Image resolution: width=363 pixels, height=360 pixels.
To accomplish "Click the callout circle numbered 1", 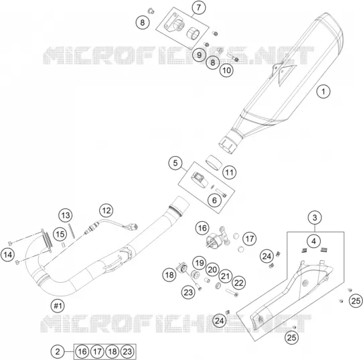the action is tap(323, 91).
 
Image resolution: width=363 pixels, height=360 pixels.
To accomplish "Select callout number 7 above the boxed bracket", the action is tap(199, 7).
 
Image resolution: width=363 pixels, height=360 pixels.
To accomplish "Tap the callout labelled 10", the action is tap(226, 70).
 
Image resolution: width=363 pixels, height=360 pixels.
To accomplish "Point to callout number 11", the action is tap(230, 172).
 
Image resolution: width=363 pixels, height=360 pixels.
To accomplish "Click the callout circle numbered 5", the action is tap(175, 163).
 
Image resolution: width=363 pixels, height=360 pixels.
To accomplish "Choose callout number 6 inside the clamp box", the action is tap(214, 200).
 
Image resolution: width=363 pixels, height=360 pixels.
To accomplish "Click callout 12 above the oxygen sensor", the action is tap(106, 211).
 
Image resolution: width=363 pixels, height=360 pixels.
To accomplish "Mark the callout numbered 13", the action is tap(66, 215).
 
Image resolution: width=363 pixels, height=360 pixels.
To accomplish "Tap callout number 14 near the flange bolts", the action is tap(7, 255).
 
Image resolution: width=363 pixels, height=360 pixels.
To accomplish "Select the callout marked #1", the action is tap(58, 306).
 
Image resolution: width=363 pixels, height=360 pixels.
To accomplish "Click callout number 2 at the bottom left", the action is tap(58, 352).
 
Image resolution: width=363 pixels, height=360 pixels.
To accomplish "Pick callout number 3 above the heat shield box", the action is tap(315, 218).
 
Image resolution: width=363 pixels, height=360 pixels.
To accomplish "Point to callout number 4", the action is tap(313, 241).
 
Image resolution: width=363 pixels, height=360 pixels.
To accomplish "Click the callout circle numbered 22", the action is tap(238, 283).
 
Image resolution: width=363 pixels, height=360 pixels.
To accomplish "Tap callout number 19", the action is tap(200, 263).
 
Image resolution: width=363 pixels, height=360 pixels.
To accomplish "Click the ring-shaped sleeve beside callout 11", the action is tap(214, 163).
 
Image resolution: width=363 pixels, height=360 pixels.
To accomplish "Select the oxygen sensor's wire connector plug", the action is tap(133, 227).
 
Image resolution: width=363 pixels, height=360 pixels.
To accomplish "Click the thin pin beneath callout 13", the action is tap(72, 231).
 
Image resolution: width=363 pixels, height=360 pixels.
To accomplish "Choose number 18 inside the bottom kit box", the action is tap(113, 352).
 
